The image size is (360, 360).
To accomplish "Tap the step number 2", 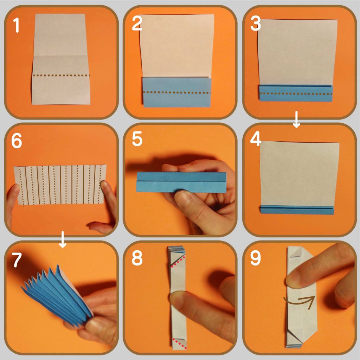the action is [137, 24].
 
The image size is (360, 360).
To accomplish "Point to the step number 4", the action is [256, 139].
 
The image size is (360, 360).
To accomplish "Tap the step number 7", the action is [17, 260].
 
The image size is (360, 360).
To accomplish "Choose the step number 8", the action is [137, 258].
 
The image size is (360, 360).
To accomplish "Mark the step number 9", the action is [256, 258].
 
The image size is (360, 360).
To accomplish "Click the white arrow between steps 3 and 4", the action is [296, 120].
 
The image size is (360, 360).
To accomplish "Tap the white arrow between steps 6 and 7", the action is [63, 239].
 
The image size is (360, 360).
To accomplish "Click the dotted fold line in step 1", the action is [61, 75].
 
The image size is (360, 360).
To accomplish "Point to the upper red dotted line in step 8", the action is [178, 262].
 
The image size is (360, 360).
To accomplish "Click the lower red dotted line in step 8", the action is [180, 344].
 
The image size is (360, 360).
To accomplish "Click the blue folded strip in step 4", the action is [297, 210].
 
